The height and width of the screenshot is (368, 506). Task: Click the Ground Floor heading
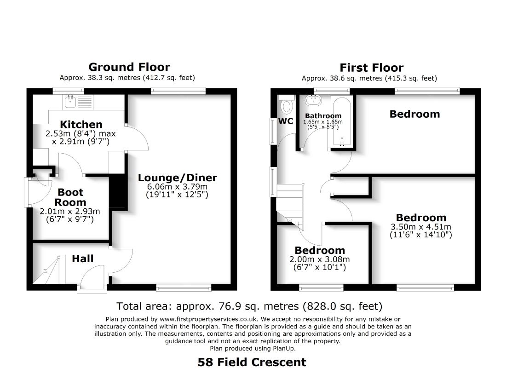(x=129, y=67)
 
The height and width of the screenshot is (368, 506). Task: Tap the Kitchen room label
(x=81, y=124)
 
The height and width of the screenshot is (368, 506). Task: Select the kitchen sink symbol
(x=71, y=101)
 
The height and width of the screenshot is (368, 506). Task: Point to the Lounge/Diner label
(x=178, y=178)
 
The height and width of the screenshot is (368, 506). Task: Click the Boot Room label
(x=70, y=197)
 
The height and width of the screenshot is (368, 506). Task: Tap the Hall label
(x=83, y=259)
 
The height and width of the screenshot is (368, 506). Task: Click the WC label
(x=286, y=121)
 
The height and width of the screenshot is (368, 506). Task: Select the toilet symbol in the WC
(x=287, y=105)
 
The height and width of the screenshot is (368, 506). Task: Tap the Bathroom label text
(x=323, y=116)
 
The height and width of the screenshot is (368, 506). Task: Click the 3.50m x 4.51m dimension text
(x=421, y=227)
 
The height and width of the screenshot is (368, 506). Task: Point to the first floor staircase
(x=290, y=202)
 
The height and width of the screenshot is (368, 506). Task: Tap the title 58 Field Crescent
(x=252, y=362)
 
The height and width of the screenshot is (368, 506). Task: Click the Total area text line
(x=249, y=306)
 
